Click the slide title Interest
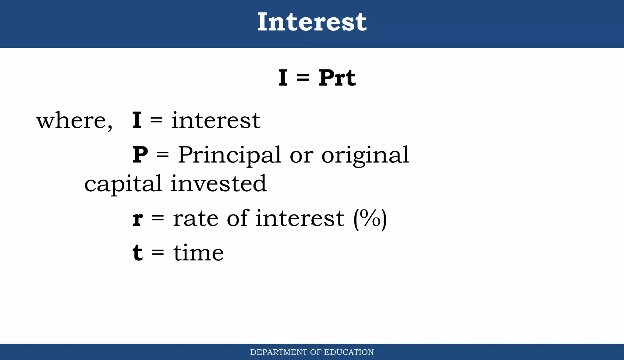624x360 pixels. point(312,22)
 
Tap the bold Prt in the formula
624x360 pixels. point(337,78)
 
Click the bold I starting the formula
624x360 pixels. point(283,78)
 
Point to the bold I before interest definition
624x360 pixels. point(136,121)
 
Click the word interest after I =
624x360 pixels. point(216,121)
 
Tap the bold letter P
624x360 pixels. point(140,155)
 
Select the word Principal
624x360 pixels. point(229,155)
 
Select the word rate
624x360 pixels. point(196,219)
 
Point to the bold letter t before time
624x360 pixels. point(138,253)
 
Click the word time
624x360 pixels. point(198,253)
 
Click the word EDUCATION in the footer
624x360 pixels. point(349,352)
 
